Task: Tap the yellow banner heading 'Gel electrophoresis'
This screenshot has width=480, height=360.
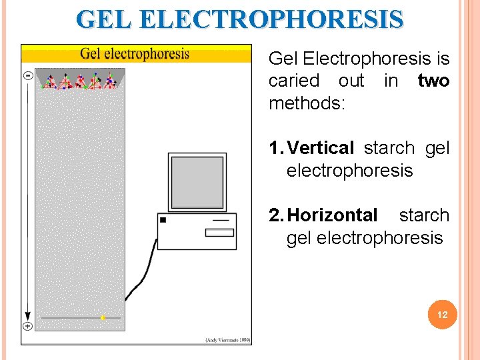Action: [135, 53]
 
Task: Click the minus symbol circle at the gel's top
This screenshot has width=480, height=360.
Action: [28, 76]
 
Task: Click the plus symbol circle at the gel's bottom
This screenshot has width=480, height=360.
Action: [28, 325]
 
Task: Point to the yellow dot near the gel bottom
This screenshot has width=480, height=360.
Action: [103, 318]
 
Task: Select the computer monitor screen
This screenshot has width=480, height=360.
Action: [197, 181]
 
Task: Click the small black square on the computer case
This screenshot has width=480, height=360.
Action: [163, 219]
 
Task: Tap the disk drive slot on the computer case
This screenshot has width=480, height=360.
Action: [219, 232]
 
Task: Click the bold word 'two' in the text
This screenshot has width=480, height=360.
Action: [433, 81]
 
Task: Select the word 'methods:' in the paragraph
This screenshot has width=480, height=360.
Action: [306, 103]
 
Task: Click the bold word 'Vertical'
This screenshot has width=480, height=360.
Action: [320, 148]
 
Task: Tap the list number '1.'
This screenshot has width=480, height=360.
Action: [276, 148]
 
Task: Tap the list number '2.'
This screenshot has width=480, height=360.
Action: [276, 215]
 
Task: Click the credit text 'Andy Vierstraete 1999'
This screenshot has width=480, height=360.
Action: [227, 340]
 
